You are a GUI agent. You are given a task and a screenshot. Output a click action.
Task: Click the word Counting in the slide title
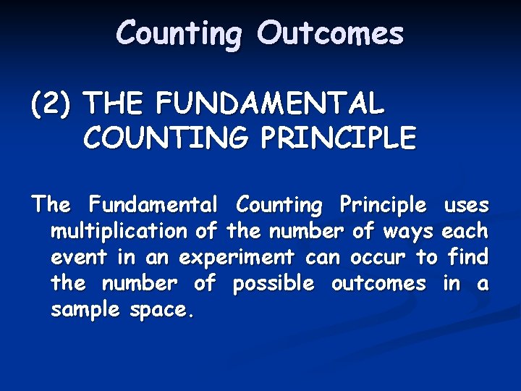pyautogui.click(x=178, y=34)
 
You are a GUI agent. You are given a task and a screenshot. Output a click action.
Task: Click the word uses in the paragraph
pyautogui.click(x=466, y=205)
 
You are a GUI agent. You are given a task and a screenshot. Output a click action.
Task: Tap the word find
pyautogui.click(x=468, y=257)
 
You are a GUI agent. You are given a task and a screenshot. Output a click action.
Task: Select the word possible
pyautogui.click(x=274, y=284)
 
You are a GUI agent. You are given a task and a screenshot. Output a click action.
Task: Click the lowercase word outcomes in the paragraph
pyautogui.click(x=378, y=283)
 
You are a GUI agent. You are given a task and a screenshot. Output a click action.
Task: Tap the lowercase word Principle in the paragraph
pyautogui.click(x=384, y=206)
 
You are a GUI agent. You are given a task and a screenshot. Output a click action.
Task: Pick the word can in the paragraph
pyautogui.click(x=322, y=257)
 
